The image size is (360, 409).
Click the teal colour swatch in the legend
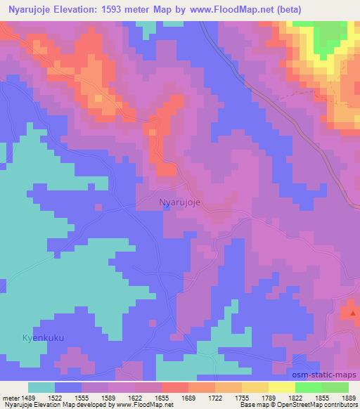tap(41, 387)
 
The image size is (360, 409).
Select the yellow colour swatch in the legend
tap(282, 387)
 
